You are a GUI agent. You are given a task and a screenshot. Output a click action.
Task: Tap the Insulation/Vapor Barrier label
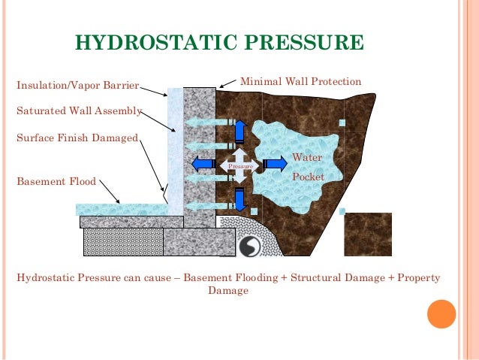(78, 85)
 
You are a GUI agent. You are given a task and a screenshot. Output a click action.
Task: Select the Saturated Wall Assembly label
(79, 110)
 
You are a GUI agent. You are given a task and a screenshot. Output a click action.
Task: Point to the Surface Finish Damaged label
(77, 138)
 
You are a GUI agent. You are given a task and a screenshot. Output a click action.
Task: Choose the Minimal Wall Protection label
(300, 81)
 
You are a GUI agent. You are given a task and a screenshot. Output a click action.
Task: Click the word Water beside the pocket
(306, 158)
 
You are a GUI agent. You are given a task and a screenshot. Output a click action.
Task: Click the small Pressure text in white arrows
(238, 165)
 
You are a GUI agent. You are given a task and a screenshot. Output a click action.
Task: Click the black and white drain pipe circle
(249, 246)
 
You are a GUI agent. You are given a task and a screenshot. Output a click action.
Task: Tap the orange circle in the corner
(441, 314)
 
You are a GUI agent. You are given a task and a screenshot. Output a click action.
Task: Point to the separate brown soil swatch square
(368, 234)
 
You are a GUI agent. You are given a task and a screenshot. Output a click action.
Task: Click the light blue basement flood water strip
(120, 209)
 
